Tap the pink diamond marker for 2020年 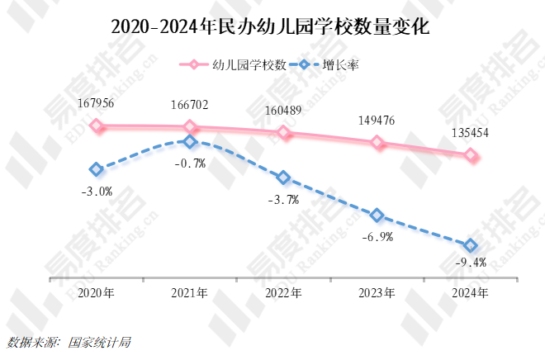[97, 126]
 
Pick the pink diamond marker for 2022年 [284, 132]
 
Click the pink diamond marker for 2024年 [471, 154]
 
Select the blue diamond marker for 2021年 [190, 141]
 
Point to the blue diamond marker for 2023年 [377, 216]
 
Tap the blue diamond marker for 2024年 [471, 245]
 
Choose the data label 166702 [190, 104]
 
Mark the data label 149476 [377, 121]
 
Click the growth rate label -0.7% [190, 163]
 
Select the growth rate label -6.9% [377, 237]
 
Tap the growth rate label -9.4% [471, 263]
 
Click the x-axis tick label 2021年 [190, 293]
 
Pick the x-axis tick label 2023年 [377, 293]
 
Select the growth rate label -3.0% [97, 191]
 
